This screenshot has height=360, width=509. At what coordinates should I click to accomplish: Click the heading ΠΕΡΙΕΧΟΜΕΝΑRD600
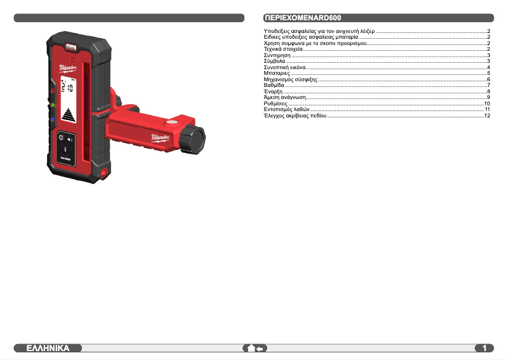pos(303,18)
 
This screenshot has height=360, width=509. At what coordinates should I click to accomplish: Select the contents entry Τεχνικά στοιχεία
pos(283,50)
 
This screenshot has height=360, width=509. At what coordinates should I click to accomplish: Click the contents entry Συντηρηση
pos(277,55)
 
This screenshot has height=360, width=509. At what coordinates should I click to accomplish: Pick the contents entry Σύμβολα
pos(275,62)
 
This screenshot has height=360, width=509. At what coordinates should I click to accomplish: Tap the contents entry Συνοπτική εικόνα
pos(285,67)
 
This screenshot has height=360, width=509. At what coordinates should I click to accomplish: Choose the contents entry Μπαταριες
pos(277,74)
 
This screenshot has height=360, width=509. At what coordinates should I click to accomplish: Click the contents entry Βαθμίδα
pos(274,85)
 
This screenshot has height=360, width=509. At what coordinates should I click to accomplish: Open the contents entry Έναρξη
pos(273,91)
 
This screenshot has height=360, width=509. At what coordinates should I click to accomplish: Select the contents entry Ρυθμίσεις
pos(275,103)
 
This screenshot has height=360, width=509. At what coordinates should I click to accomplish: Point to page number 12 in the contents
pos(487,116)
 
